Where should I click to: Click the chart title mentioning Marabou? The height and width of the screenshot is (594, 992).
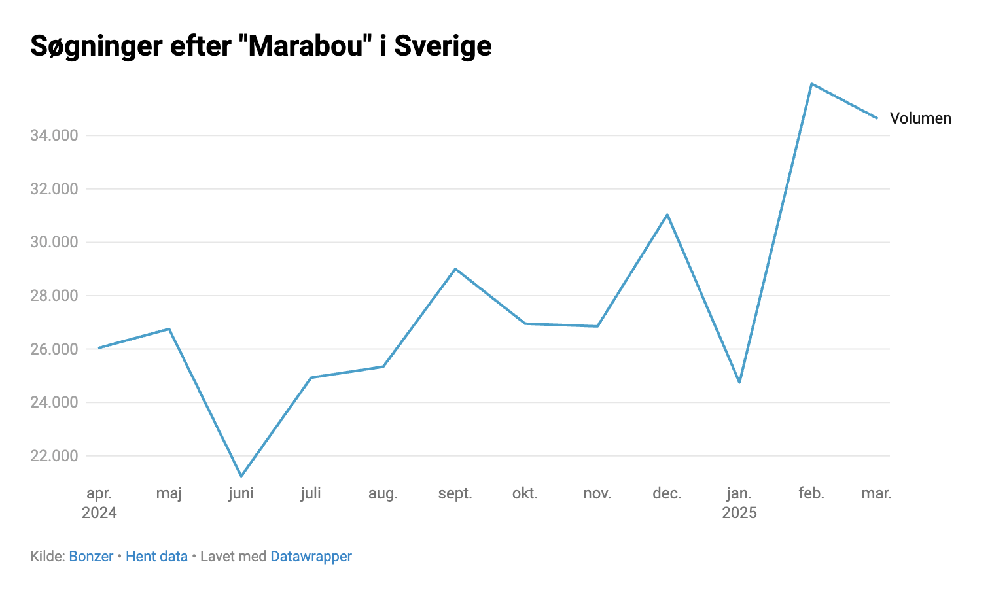[x=261, y=46]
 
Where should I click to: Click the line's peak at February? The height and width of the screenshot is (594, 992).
[x=811, y=84]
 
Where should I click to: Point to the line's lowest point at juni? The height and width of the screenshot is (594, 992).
[x=241, y=476]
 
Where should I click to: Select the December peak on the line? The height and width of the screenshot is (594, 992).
[x=667, y=215]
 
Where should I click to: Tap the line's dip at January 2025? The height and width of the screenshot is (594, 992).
[x=739, y=382]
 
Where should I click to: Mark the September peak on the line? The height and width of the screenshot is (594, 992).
[x=455, y=269]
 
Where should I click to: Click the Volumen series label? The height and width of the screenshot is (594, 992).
[x=920, y=118]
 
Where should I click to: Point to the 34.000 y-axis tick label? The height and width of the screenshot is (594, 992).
[x=54, y=135]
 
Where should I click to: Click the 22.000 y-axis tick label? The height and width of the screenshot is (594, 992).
[x=54, y=456]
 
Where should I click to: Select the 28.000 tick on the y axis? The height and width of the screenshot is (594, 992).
[x=54, y=296]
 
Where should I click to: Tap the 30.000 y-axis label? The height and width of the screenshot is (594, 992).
[x=54, y=242]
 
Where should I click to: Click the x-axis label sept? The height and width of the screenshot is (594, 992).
[x=455, y=493]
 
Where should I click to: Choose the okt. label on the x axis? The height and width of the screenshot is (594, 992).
[x=525, y=493]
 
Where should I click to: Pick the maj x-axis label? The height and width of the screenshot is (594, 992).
[x=169, y=493]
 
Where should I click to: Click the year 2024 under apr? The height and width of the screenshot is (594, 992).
[x=99, y=513]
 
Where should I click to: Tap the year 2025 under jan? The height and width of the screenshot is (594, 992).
[x=739, y=513]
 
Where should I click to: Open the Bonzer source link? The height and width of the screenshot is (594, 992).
[x=91, y=557]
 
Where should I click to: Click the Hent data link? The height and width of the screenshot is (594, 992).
[x=156, y=557]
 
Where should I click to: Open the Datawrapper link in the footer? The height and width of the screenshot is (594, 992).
[x=311, y=557]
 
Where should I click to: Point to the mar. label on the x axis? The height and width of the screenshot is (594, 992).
[x=876, y=493]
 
